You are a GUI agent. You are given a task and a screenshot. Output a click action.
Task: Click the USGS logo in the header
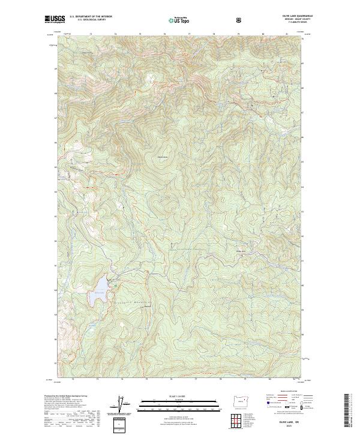pyautogui.click(x=55, y=19)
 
